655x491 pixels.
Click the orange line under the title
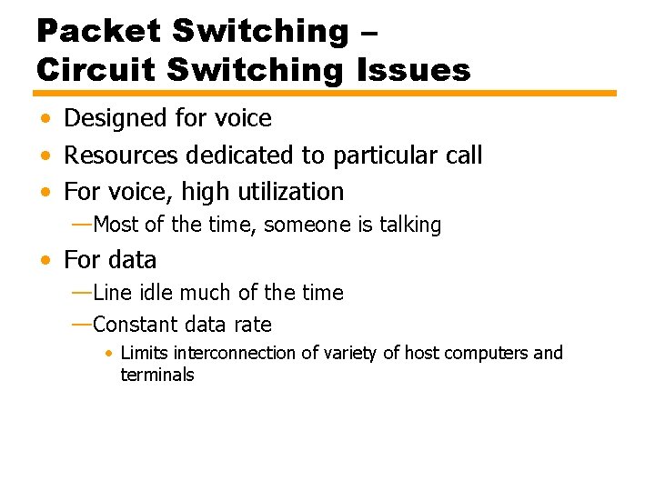pos(325,94)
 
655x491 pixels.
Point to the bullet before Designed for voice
pos(45,119)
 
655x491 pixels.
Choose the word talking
pos(410,225)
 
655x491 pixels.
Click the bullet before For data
pos(45,261)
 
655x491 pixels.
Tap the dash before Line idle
pos(81,293)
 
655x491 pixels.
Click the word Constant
pos(135,325)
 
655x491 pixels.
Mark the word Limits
pos(145,353)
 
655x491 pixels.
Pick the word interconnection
pos(234,353)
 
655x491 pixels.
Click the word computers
pos(491,353)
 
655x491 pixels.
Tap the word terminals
pos(157,375)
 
